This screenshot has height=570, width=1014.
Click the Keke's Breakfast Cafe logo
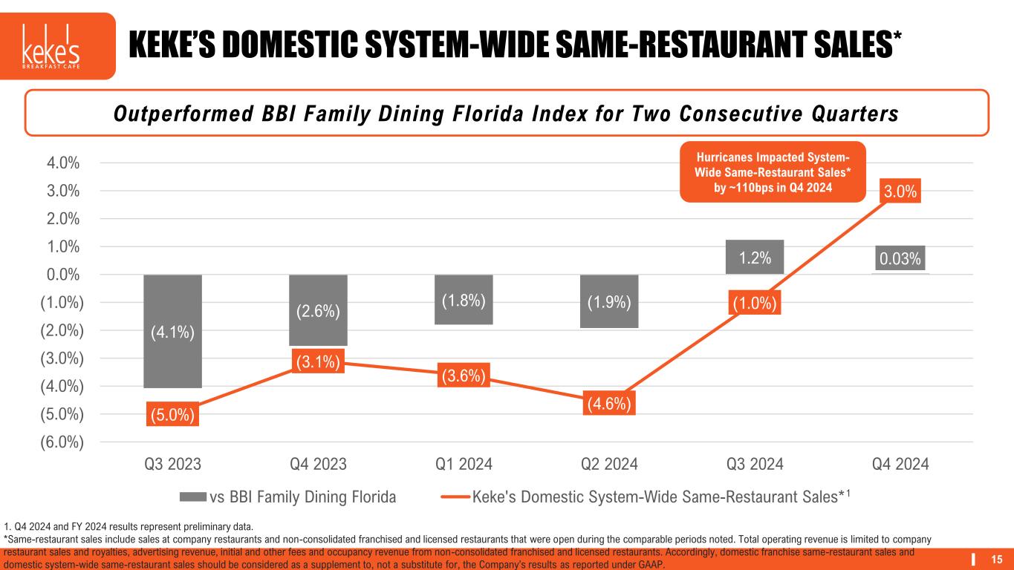57,46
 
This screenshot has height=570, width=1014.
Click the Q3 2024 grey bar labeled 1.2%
754,257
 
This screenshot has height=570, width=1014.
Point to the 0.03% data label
900,259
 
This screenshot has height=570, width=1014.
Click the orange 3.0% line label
900,191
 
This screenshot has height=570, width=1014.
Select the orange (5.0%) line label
172,414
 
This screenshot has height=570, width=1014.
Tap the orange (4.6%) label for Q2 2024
608,404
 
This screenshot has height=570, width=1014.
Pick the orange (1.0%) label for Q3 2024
754,304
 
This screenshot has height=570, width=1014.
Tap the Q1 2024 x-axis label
463,465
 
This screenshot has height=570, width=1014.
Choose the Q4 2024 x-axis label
900,465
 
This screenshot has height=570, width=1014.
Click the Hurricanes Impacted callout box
773,171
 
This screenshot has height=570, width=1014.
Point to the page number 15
998,559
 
